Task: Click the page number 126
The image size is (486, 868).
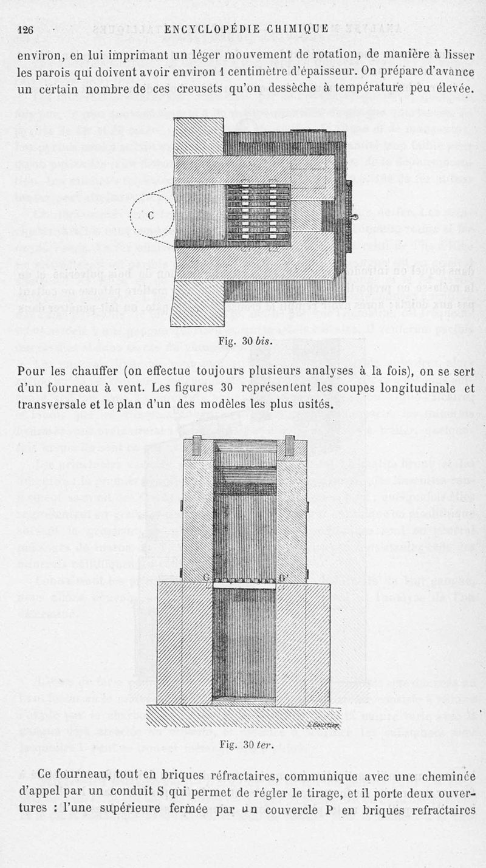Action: [26, 29]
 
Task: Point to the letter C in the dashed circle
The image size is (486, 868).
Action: [151, 215]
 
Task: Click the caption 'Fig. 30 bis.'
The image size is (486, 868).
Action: [244, 341]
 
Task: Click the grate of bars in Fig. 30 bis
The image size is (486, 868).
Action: [258, 213]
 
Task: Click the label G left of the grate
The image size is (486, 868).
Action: [208, 576]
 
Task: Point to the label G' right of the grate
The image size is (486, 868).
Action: [284, 576]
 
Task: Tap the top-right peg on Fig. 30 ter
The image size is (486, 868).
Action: [290, 445]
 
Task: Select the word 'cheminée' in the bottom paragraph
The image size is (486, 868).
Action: [441, 776]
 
